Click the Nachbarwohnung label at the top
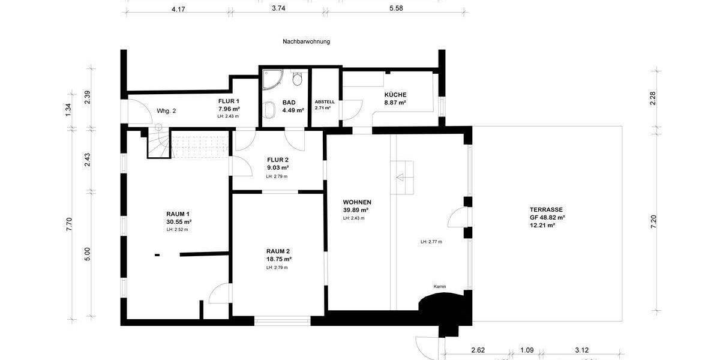pyautogui.click(x=306, y=42)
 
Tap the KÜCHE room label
pyautogui.click(x=395, y=95)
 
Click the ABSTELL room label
pyautogui.click(x=325, y=102)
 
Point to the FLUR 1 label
pyautogui.click(x=229, y=101)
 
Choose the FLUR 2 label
pyautogui.click(x=277, y=160)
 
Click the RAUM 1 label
pyautogui.click(x=178, y=214)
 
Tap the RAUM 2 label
pyautogui.click(x=278, y=251)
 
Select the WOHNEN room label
pyautogui.click(x=357, y=202)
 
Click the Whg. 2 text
pyautogui.click(x=166, y=111)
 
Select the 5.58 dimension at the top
pyautogui.click(x=396, y=8)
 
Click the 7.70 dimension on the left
pyautogui.click(x=69, y=224)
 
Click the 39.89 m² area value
pyautogui.click(x=355, y=210)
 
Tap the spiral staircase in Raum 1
pyautogui.click(x=159, y=145)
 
